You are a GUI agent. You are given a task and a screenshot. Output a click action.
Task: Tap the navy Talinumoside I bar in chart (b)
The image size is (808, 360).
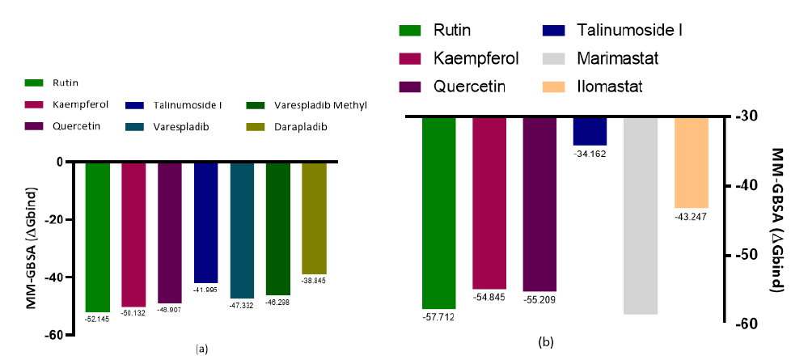pyautogui.click(x=590, y=130)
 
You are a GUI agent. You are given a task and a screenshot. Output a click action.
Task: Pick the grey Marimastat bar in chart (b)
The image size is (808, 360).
pyautogui.click(x=640, y=214)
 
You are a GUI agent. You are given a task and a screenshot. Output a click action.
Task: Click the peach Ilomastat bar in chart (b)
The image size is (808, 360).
pyautogui.click(x=691, y=162)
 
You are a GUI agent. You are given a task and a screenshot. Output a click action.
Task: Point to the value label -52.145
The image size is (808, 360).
pyautogui.click(x=97, y=318)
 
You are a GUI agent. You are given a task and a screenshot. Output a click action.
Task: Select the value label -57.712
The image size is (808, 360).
pyautogui.click(x=438, y=316)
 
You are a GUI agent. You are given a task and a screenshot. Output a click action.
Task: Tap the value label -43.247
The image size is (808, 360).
pyautogui.click(x=691, y=217)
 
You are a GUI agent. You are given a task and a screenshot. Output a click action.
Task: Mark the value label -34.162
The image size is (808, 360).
pyautogui.click(x=590, y=152)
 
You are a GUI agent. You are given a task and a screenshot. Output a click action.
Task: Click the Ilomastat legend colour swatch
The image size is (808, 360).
pyautogui.click(x=556, y=85)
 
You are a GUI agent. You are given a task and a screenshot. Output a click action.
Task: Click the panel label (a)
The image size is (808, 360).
pyautogui.click(x=202, y=349)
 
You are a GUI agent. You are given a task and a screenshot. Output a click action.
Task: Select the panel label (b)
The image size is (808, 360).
pyautogui.click(x=546, y=341)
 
